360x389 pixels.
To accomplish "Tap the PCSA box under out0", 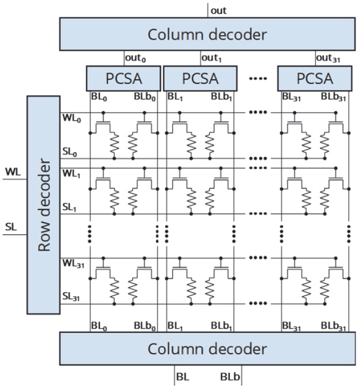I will click(x=124, y=79).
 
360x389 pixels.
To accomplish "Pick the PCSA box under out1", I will click(x=200, y=79).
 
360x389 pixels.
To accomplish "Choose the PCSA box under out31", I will click(x=314, y=79).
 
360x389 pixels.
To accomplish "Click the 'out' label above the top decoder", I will click(x=218, y=10).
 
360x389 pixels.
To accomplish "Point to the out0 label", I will click(x=135, y=58).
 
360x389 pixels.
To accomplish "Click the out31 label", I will click(x=327, y=58).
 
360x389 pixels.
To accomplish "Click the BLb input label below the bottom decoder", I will click(x=230, y=377).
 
